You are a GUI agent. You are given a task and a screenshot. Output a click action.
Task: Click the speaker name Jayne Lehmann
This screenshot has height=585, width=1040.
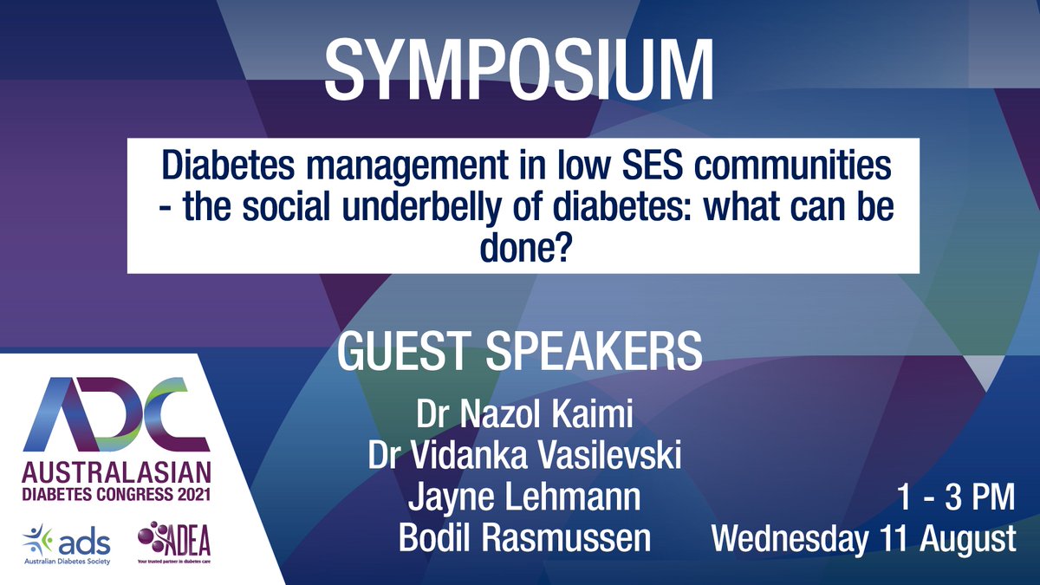point(523,499)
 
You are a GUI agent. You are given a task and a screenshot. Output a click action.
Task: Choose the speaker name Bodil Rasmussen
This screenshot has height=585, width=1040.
point(523,538)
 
